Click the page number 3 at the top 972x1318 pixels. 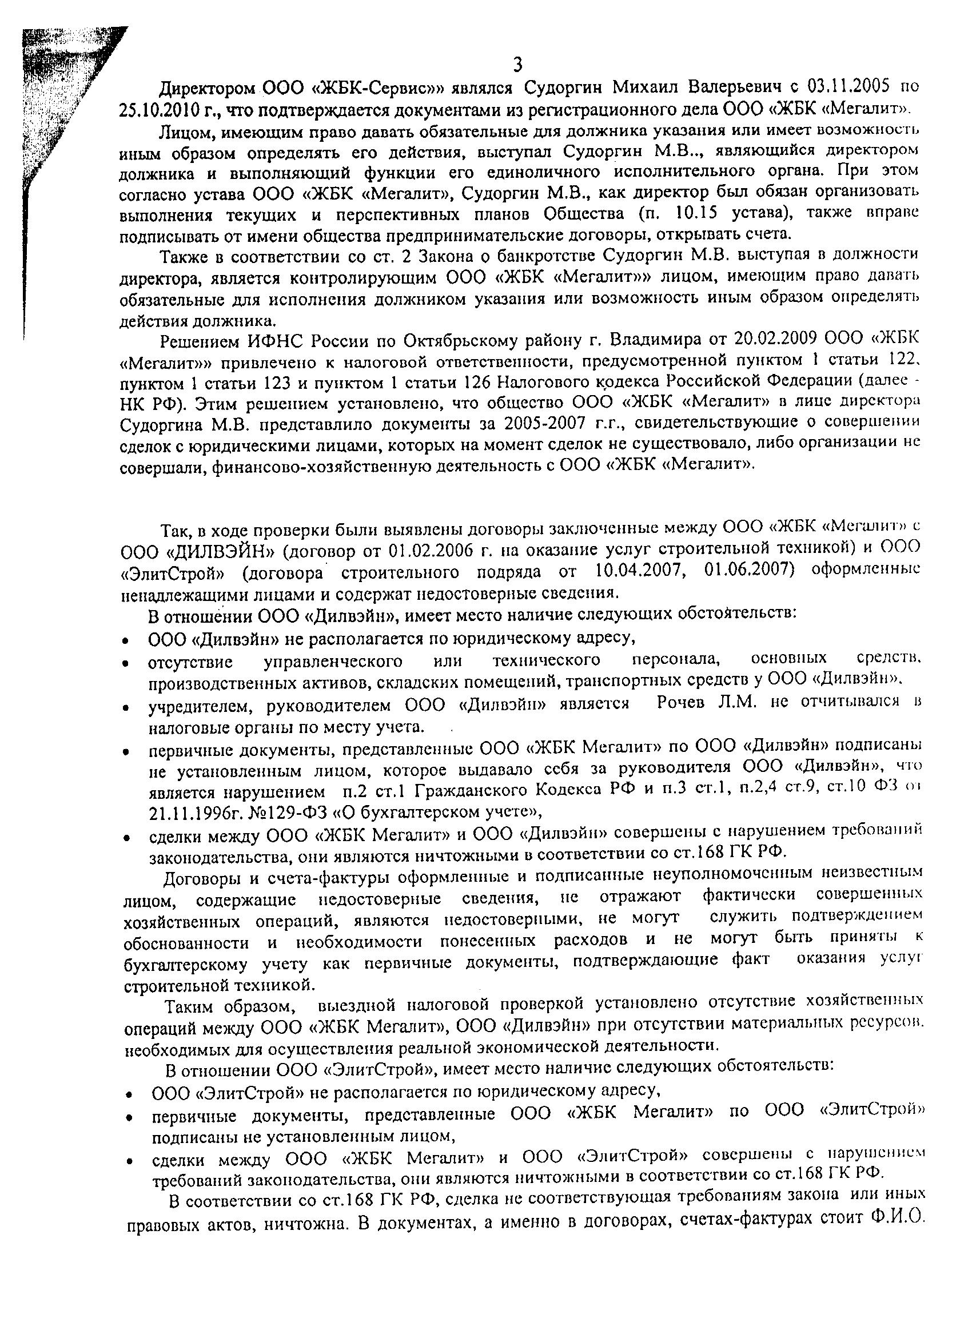coord(518,65)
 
